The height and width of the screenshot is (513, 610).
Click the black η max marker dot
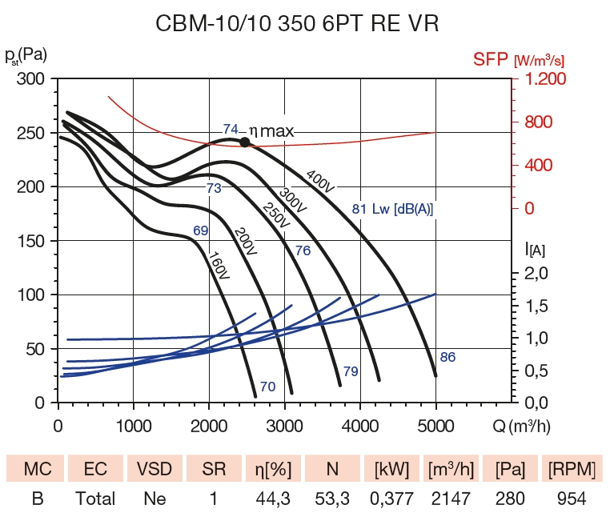coord(245,142)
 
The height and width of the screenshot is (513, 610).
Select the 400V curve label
coord(319,180)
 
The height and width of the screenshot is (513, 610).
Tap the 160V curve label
coord(218,267)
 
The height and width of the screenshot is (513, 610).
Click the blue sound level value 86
coord(447,357)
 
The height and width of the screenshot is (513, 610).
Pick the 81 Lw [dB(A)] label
coord(392,210)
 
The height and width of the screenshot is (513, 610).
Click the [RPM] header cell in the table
coord(568,466)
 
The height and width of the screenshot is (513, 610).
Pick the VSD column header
coord(154,466)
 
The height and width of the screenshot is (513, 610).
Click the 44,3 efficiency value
coord(271,499)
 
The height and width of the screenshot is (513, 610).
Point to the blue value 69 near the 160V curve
coord(200,231)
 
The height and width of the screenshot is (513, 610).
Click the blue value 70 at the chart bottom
coord(267,387)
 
